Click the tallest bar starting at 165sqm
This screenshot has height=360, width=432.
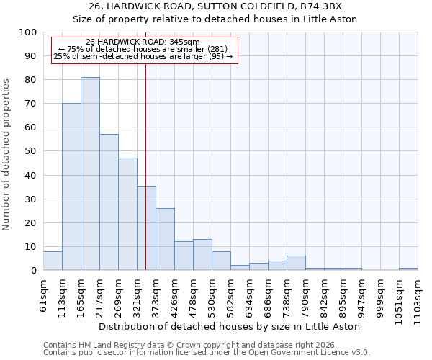click(90, 174)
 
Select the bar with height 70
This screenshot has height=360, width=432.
click(71, 186)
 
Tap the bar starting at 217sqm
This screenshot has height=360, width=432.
click(109, 202)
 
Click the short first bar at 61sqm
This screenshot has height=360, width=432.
click(53, 261)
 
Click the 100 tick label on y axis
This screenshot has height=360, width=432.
click(27, 32)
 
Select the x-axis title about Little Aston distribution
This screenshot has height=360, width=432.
click(230, 326)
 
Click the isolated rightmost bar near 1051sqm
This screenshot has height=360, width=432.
click(408, 269)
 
